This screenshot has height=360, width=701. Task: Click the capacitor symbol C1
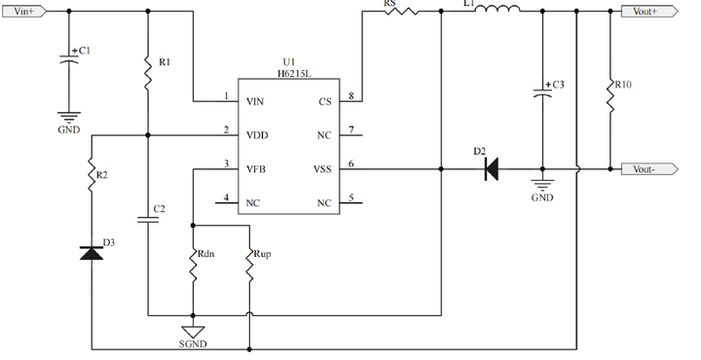coord(68,58)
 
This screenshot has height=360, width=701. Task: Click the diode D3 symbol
coord(92,253)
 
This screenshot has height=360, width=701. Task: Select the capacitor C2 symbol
coord(148,220)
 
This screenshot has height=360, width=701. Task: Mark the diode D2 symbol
coord(491,169)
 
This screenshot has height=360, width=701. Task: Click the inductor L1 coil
coord(496,10)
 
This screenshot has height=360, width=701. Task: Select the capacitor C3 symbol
coord(542,93)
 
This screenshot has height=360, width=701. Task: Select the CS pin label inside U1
coord(324,101)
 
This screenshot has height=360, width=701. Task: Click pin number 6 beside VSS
coord(350,163)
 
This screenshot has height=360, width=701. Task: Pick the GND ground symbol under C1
coord(68,120)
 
